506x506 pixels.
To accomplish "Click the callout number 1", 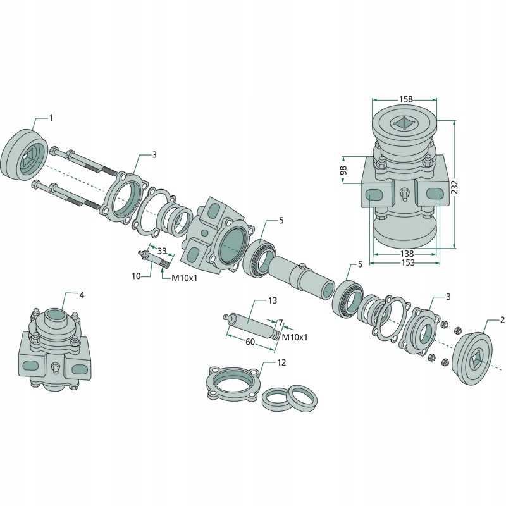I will [51, 118].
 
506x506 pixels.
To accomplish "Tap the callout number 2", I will [502, 320].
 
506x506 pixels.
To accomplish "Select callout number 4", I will [82, 295].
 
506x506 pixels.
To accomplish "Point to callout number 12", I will [281, 362].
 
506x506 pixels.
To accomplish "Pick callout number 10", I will [137, 276].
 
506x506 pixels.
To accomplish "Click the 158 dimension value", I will [405, 99].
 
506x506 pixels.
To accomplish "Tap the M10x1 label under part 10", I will [184, 278].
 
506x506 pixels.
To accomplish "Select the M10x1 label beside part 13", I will [294, 337].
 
